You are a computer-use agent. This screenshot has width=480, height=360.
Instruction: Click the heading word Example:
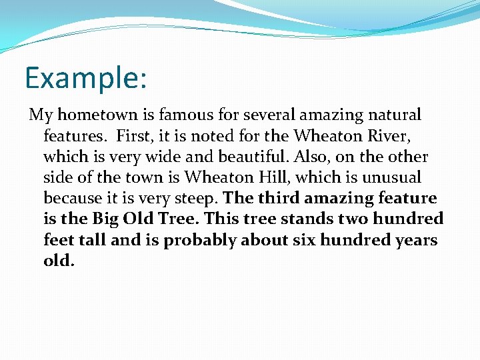point(85,78)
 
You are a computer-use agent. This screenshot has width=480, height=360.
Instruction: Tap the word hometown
point(92,115)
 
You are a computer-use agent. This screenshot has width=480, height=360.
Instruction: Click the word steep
point(196,199)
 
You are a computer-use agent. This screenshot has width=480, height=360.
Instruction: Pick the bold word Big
point(107,219)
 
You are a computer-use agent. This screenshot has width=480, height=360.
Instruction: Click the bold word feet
point(61,239)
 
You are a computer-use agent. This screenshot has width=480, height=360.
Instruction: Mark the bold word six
point(304,239)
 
